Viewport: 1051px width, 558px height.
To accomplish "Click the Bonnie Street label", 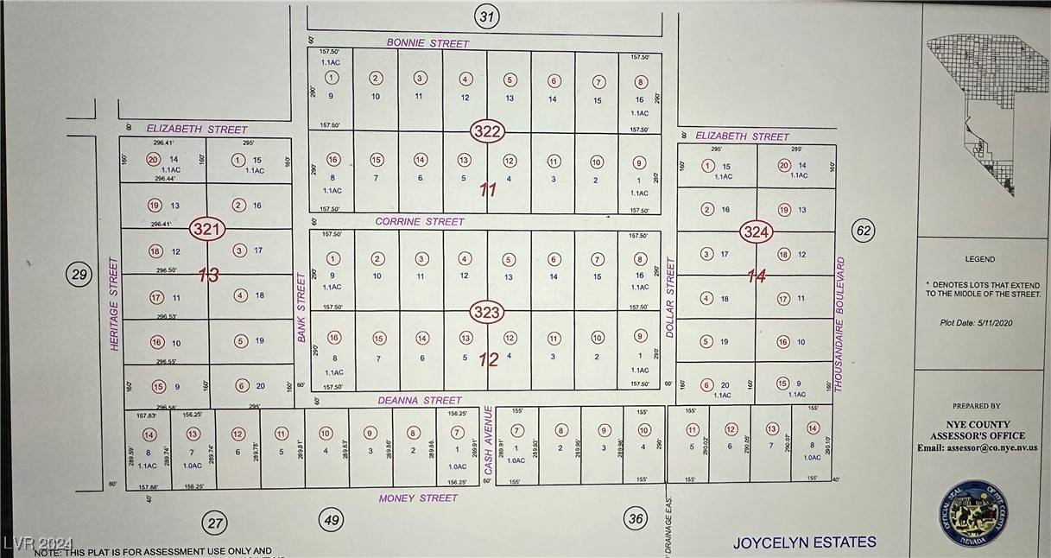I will pyautogui.click(x=427, y=43).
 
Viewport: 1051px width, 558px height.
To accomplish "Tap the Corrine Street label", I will pyautogui.click(x=420, y=222).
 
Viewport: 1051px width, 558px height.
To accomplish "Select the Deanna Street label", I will pyautogui.click(x=419, y=401).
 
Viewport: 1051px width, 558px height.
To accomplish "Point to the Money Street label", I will pyautogui.click(x=419, y=498).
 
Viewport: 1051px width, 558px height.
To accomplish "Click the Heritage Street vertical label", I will pyautogui.click(x=112, y=302).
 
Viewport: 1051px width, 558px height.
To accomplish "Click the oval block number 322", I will pyautogui.click(x=487, y=132).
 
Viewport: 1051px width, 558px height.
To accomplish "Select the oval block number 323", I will pyautogui.click(x=487, y=312).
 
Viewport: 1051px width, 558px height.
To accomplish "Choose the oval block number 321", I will pyautogui.click(x=208, y=230).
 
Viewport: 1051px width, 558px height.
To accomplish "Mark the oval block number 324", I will pyautogui.click(x=755, y=232).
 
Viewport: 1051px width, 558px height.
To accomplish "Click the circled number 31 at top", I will pyautogui.click(x=488, y=16).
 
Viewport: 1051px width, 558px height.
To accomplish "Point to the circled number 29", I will pyautogui.click(x=79, y=276).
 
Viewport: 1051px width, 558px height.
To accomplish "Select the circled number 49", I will pyautogui.click(x=331, y=520).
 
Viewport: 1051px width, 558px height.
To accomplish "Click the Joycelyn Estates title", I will pyautogui.click(x=804, y=543).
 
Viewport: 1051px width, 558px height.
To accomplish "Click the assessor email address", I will pyautogui.click(x=977, y=447).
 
